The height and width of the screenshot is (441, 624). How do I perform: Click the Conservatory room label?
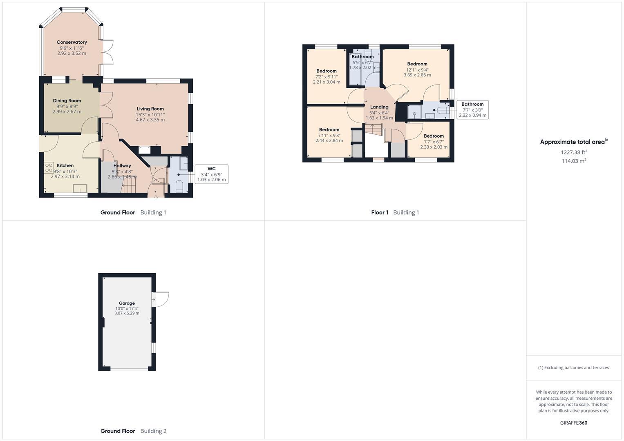tap(72, 42)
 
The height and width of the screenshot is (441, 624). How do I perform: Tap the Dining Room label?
tap(67, 100)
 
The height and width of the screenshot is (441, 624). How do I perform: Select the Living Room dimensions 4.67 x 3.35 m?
tap(150, 120)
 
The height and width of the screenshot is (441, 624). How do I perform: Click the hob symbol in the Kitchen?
tap(49, 168)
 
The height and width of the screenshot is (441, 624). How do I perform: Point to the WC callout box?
tap(211, 174)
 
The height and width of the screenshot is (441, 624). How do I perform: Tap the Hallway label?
tap(122, 166)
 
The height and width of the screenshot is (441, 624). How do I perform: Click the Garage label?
tap(127, 303)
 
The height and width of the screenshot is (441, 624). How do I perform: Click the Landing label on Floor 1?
tap(379, 107)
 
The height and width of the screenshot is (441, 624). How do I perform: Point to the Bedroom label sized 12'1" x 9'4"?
tap(417, 64)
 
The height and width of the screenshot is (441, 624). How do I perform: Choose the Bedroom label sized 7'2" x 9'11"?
tap(327, 71)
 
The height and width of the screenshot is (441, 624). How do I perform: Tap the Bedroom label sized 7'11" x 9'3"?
tap(329, 129)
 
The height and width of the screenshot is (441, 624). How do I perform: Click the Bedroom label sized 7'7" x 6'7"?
tap(434, 136)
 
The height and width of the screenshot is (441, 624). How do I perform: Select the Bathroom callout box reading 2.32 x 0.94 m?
tap(472, 110)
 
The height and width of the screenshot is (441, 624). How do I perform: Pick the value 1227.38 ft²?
tap(574, 152)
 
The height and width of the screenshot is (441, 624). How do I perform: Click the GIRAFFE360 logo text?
tap(573, 423)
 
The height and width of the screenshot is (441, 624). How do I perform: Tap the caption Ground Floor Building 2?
tap(133, 431)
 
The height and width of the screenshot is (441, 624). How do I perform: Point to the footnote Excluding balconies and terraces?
tap(573, 367)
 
